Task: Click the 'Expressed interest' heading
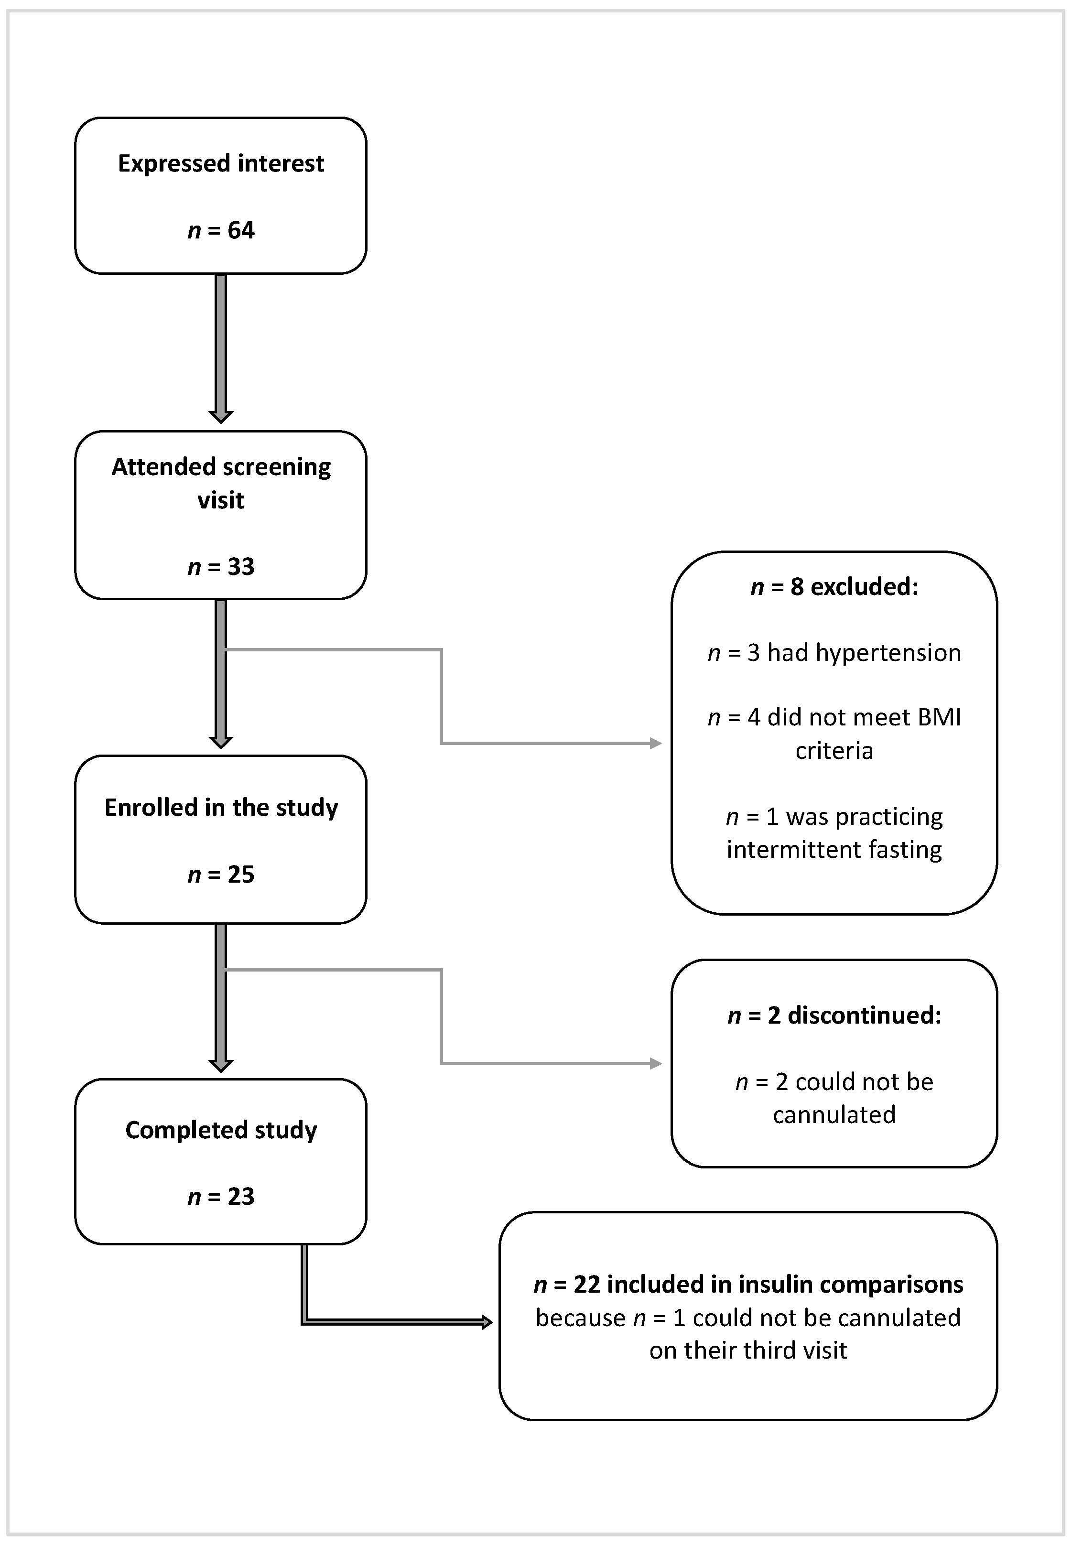tap(220, 163)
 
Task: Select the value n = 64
tap(220, 230)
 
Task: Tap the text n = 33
tap(220, 567)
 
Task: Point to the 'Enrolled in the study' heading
tap(220, 807)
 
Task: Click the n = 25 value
tap(220, 874)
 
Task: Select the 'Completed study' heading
tap(220, 1130)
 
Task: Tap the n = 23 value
tap(220, 1197)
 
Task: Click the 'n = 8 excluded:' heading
tap(834, 587)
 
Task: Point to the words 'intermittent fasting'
tap(834, 849)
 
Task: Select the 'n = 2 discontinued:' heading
tap(834, 1015)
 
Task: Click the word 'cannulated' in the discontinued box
tap(834, 1114)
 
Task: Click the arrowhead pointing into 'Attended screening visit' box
tap(220, 416)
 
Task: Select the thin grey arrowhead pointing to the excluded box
tap(656, 743)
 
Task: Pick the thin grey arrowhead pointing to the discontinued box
tap(656, 1064)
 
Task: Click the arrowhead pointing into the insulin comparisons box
tap(487, 1322)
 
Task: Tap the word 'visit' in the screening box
tap(220, 500)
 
